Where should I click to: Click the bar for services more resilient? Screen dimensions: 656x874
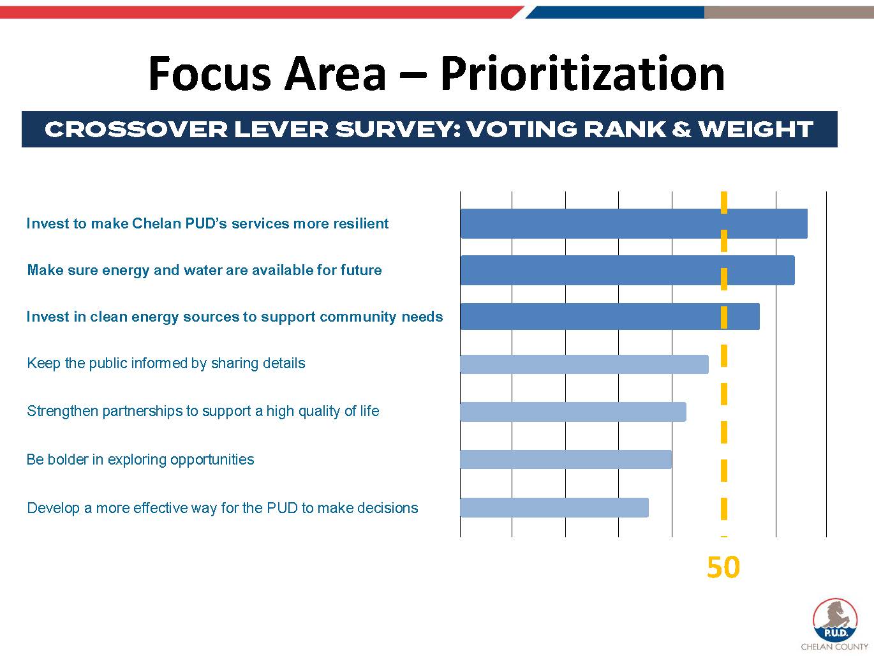[x=633, y=223]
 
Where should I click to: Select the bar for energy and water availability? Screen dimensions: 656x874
[x=627, y=270]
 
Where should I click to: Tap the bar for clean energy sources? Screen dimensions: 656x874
[x=609, y=317]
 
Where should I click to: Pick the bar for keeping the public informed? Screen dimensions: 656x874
[x=584, y=364]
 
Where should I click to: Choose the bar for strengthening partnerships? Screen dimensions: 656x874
[x=573, y=412]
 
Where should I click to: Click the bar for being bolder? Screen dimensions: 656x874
[x=565, y=459]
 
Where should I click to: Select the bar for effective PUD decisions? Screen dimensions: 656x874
[x=554, y=507]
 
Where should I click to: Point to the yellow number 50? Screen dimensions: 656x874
[x=723, y=567]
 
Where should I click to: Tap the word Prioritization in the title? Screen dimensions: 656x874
[x=582, y=73]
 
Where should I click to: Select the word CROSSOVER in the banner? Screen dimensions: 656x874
[x=136, y=130]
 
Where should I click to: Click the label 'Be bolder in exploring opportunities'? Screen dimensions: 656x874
[x=140, y=459]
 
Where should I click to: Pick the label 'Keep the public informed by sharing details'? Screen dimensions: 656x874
[x=166, y=363]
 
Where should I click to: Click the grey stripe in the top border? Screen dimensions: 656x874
[x=789, y=12]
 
